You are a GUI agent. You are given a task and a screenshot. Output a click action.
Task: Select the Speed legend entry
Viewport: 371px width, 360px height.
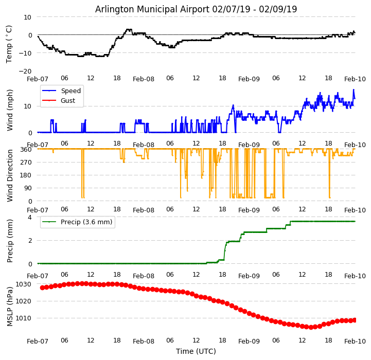[x=70, y=91]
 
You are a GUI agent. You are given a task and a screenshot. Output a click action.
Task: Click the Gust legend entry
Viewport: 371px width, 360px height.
[x=68, y=101]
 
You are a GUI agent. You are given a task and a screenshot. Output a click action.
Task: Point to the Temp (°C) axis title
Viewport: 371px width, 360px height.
[x=9, y=44]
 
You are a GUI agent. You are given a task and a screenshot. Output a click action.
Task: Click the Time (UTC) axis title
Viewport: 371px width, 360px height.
[x=196, y=351]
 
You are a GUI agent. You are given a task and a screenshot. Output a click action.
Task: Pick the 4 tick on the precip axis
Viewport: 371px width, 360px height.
[x=30, y=218]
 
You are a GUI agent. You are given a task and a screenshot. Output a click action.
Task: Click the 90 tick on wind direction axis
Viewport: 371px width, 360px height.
[x=28, y=188]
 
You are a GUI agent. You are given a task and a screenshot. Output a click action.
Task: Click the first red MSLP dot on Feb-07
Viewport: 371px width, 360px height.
[x=42, y=287]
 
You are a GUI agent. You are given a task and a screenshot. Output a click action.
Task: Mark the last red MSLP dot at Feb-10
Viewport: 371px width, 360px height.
[x=355, y=320]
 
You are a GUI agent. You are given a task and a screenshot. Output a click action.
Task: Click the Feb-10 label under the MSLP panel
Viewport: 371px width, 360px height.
[x=355, y=341]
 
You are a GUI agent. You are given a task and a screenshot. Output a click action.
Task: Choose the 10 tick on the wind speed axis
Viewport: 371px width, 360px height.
[x=28, y=106]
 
